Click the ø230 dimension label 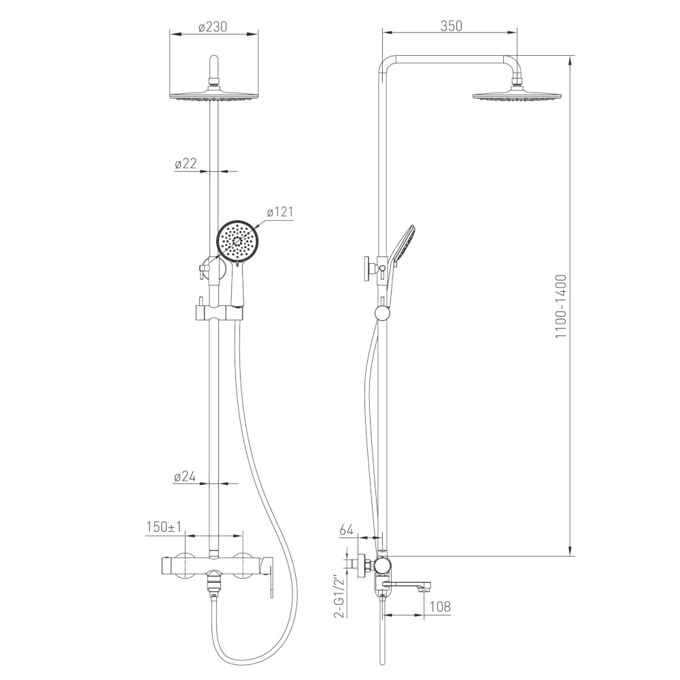212,27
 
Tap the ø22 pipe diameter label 186,163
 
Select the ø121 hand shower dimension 280,212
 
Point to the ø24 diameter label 185,477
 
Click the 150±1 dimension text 164,528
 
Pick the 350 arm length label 451,26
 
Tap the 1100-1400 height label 561,307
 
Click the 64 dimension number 347,530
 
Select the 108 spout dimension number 439,607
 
